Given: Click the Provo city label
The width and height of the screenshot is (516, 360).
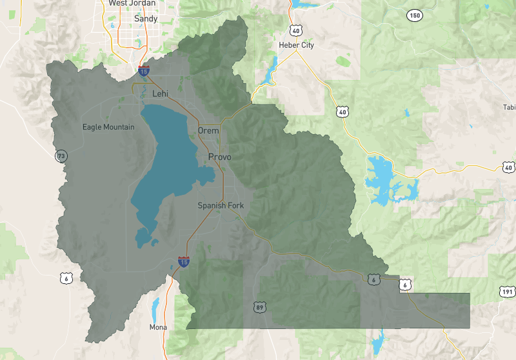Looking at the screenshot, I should pyautogui.click(x=220, y=157).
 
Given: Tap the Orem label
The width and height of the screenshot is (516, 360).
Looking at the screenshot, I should pyautogui.click(x=208, y=130).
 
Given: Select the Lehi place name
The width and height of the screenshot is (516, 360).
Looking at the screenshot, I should pyautogui.click(x=160, y=94).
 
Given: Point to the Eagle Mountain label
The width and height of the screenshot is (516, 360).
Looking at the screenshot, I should pyautogui.click(x=108, y=127).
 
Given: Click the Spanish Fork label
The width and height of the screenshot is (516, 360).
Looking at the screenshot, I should pyautogui.click(x=221, y=206).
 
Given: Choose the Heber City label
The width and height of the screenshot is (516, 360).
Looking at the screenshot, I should pyautogui.click(x=296, y=45).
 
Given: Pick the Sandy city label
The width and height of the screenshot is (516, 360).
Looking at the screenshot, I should pyautogui.click(x=145, y=19).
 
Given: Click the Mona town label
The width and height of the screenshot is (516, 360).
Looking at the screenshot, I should pyautogui.click(x=158, y=327).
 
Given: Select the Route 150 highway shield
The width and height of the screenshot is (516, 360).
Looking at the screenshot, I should pyautogui.click(x=414, y=15).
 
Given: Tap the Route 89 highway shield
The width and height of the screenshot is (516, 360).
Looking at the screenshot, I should pyautogui.click(x=259, y=306).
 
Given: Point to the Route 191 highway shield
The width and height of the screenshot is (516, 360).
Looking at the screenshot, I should pyautogui.click(x=507, y=292).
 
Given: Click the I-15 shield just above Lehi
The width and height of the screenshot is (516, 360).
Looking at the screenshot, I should pyautogui.click(x=144, y=69).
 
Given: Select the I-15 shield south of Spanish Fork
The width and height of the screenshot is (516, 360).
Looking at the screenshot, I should pyautogui.click(x=184, y=262).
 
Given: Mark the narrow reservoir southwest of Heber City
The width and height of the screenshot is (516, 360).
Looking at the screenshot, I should pyautogui.click(x=269, y=69).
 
